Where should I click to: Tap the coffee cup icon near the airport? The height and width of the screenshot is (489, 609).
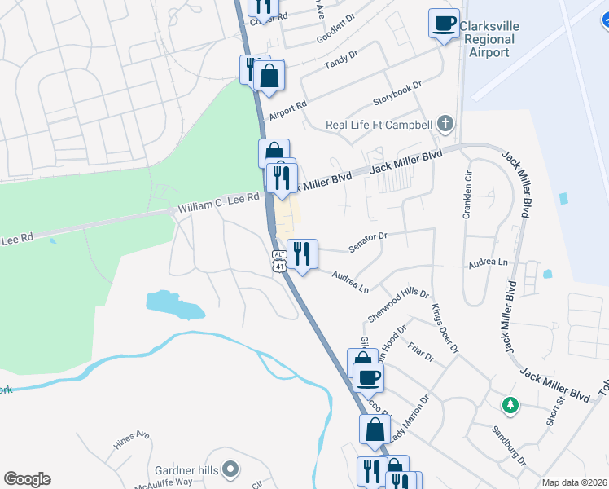tap(444, 24)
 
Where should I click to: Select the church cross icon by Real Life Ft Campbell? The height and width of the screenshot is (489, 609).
tap(444, 125)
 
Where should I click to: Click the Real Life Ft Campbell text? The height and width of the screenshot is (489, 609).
tap(378, 125)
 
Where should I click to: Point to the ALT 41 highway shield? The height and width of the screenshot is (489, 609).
tap(279, 261)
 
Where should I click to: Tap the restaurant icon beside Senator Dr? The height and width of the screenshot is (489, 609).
tap(302, 254)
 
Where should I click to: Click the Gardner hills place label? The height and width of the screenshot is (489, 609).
tap(186, 469)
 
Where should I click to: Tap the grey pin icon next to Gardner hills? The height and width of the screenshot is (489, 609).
tap(230, 469)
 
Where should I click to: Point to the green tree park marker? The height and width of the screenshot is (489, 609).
tap(510, 405)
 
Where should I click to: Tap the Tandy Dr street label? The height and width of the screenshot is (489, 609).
tap(341, 59)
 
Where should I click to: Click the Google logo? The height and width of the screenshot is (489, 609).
tap(27, 479)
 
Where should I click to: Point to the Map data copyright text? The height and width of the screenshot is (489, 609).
tap(574, 482)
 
